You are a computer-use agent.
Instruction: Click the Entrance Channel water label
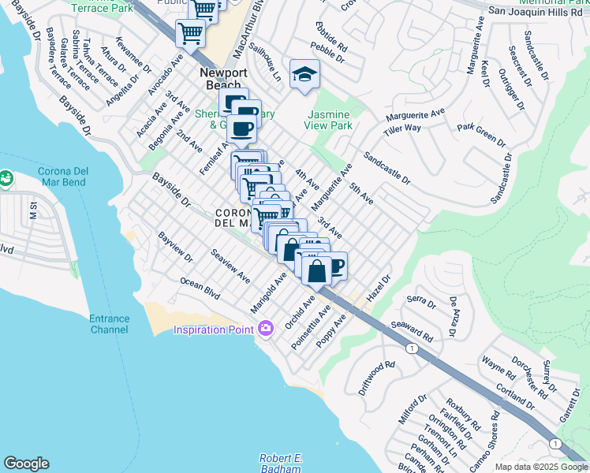(x=109, y=324)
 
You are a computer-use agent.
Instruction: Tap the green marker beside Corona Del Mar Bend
(x=5, y=179)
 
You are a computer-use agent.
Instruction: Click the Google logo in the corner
(x=26, y=464)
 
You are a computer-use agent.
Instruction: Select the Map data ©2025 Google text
(x=541, y=467)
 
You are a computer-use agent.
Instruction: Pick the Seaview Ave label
(x=230, y=266)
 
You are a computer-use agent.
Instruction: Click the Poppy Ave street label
(x=331, y=333)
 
